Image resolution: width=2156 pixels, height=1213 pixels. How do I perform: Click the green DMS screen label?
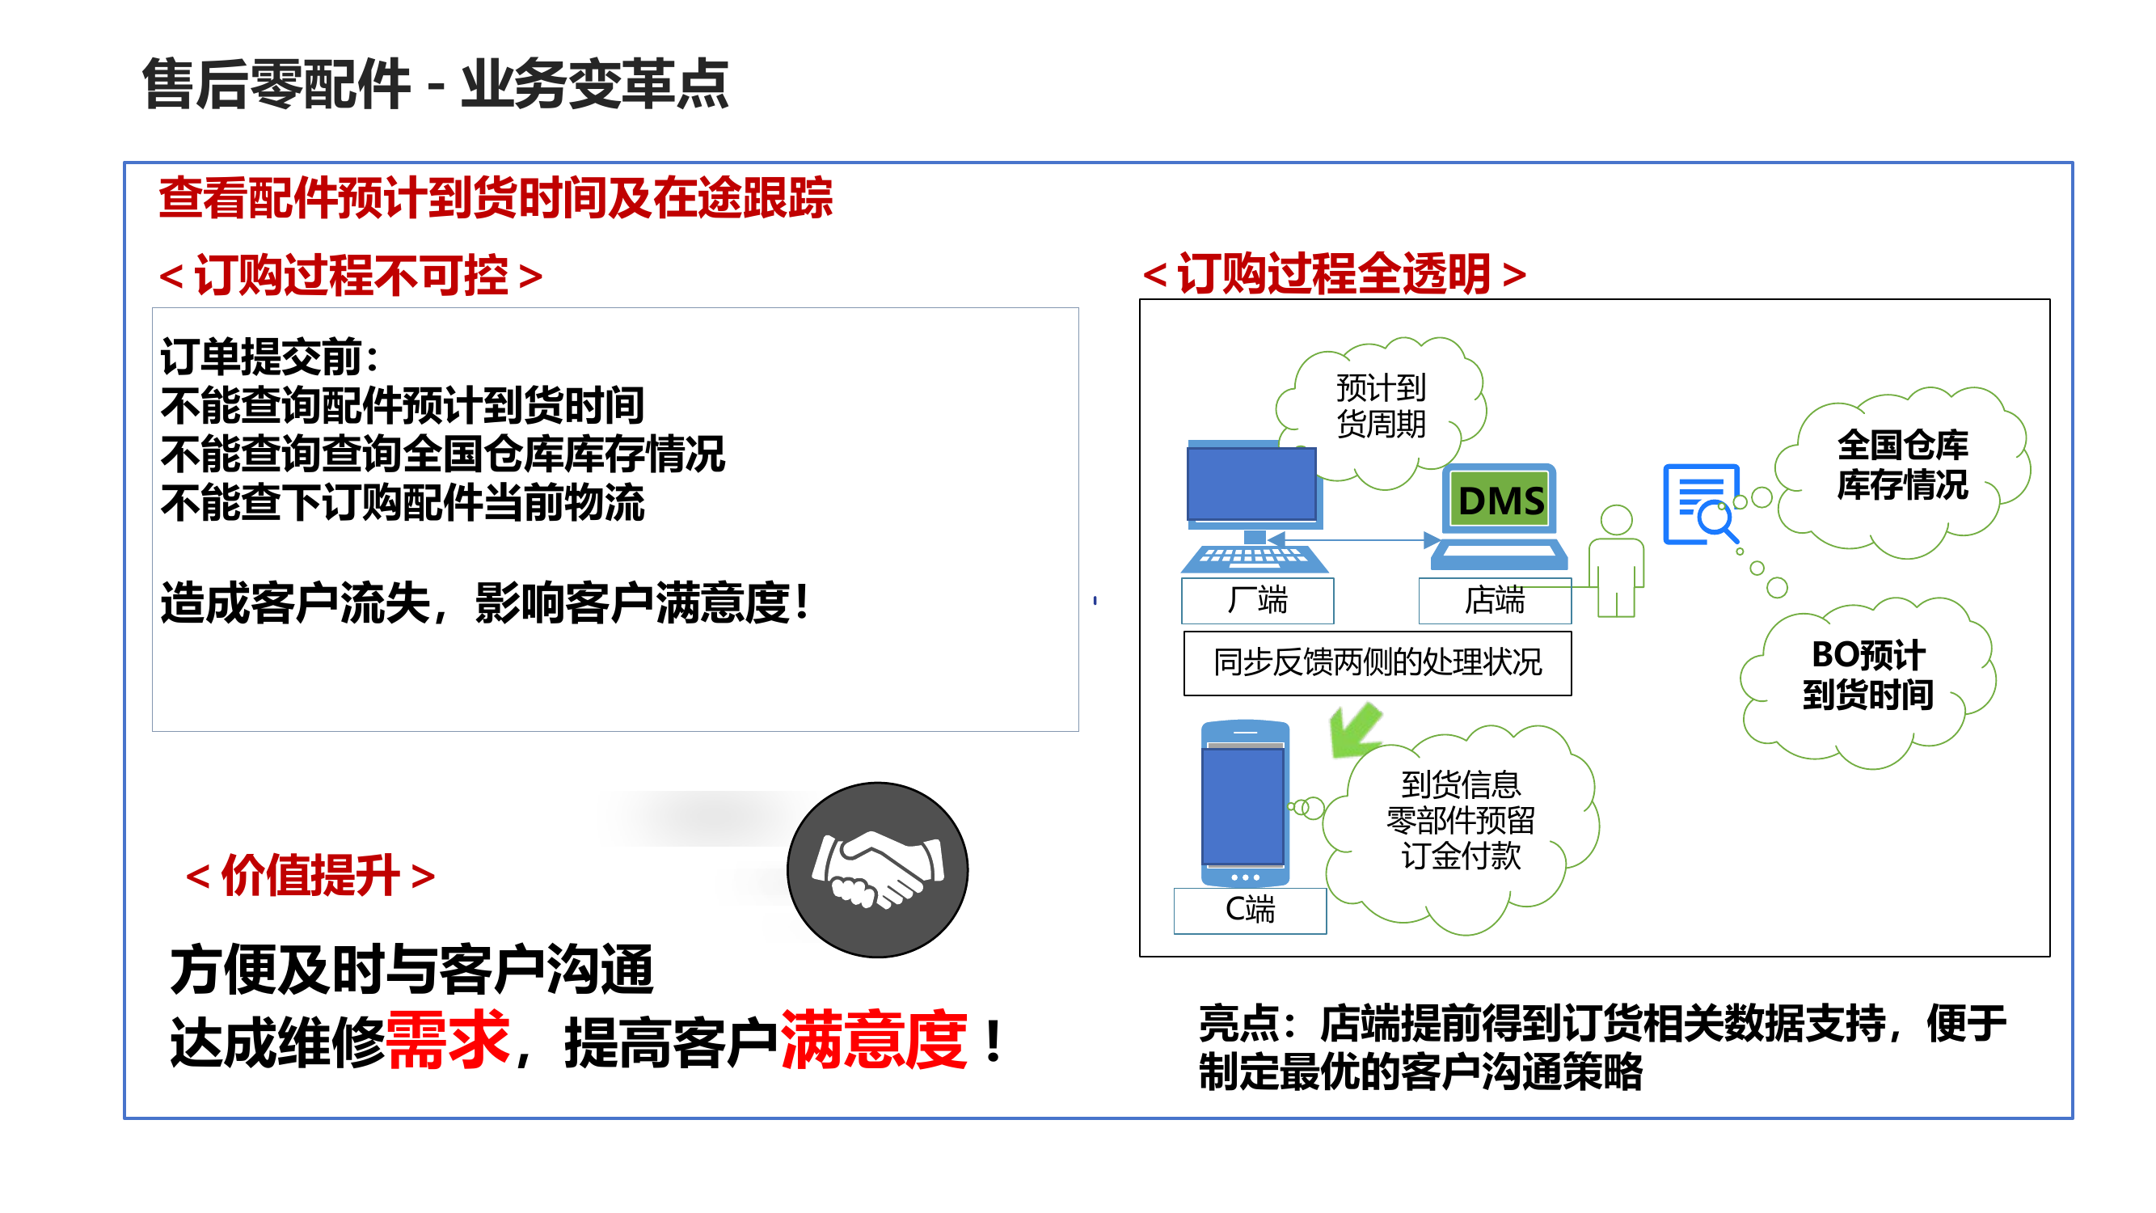tap(1500, 501)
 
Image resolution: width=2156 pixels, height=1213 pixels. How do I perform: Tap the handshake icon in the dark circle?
tap(877, 870)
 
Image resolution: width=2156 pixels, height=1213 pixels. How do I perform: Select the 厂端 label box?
tap(1256, 600)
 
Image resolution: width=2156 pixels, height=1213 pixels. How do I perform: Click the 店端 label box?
tap(1494, 600)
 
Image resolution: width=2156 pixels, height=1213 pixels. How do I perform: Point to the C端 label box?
tap(1249, 909)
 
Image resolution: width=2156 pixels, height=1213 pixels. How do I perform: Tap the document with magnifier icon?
tap(1702, 505)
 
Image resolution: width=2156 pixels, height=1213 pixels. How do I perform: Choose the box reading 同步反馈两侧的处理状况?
tap(1377, 663)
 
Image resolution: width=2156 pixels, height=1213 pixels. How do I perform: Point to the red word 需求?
tap(448, 1041)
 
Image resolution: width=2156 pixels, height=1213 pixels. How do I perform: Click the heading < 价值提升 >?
tap(310, 877)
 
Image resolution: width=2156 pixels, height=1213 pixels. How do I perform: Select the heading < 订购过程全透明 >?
tap(1334, 274)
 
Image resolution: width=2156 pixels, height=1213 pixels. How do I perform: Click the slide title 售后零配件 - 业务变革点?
tap(435, 85)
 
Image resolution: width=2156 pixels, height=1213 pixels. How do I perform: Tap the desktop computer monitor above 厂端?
tap(1251, 485)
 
